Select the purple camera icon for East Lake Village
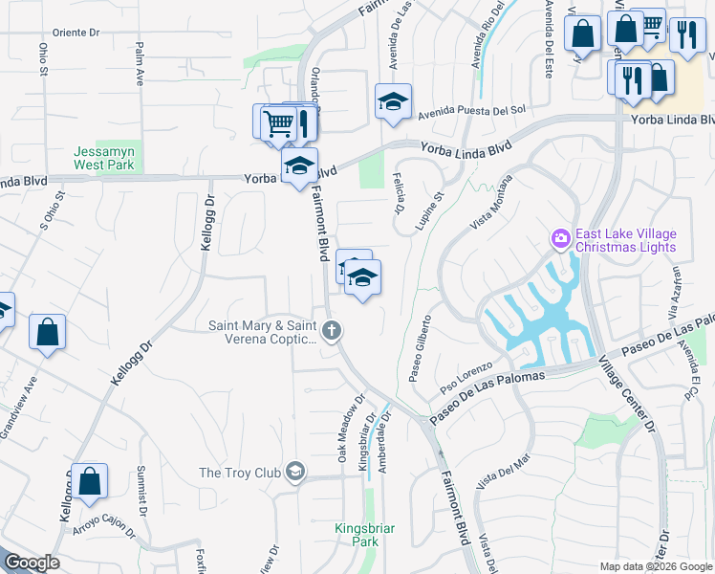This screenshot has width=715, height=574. [560, 237]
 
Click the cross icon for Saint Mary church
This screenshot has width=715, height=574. [332, 332]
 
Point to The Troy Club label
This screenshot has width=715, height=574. [239, 473]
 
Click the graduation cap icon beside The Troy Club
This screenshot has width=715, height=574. [295, 471]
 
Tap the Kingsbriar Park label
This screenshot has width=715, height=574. [357, 535]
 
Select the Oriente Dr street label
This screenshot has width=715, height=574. [76, 32]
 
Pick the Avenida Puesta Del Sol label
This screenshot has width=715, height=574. [472, 110]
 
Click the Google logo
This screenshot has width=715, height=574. [31, 563]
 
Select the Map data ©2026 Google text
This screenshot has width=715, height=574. [655, 566]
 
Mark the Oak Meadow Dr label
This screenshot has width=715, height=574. [350, 428]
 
